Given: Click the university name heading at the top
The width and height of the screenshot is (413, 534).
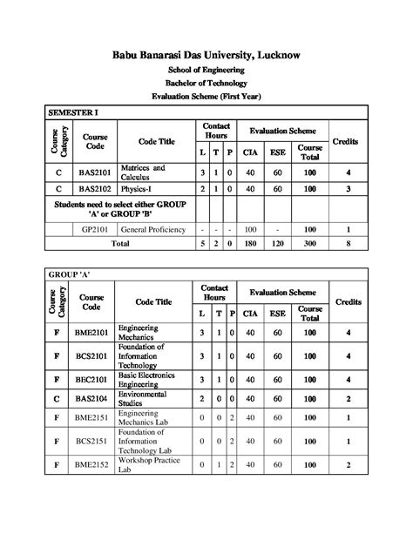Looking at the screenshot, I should coord(206,55).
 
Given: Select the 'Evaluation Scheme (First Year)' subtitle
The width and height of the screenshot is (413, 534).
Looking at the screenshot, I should coord(206,95).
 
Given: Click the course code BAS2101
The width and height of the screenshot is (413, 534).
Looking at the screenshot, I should coord(94,172).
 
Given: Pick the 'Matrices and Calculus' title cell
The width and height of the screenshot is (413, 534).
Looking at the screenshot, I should coord(144,172).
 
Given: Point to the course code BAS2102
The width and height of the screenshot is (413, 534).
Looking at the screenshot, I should coord(94,188).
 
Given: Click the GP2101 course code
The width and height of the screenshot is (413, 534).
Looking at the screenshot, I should coord(94,229).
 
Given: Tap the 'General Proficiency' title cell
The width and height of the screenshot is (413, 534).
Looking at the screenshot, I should coord(153,229).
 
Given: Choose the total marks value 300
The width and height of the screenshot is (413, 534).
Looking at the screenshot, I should coord(310,244).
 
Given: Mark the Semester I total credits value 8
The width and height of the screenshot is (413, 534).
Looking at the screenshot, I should coord(348,244).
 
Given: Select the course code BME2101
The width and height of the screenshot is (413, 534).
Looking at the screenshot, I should coord(94,332).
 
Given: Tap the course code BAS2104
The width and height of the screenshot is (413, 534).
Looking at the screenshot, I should coord(94,398).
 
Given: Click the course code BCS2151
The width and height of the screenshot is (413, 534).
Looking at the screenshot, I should coord(94,442).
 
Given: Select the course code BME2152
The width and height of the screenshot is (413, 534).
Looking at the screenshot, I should coord(94,466).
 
